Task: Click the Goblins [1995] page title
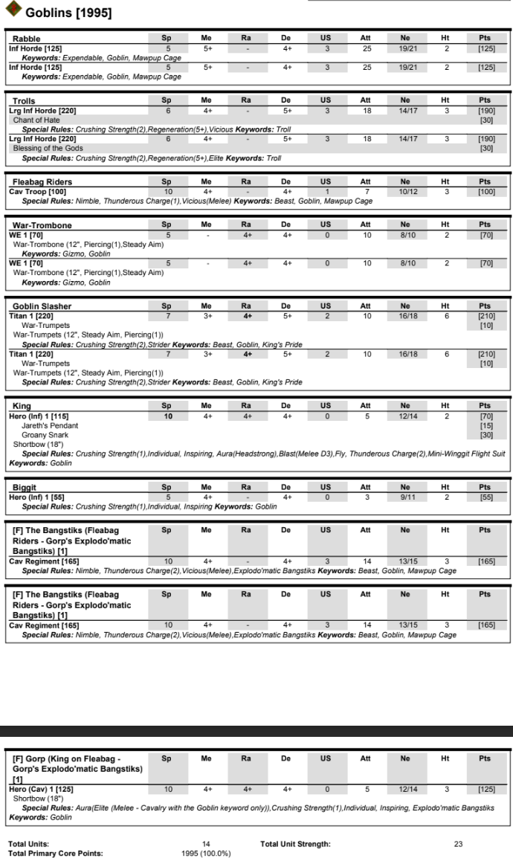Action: pyautogui.click(x=68, y=13)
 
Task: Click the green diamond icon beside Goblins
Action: pyautogui.click(x=13, y=11)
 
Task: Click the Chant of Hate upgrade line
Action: pyautogui.click(x=36, y=120)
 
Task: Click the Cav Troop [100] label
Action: pyautogui.click(x=36, y=192)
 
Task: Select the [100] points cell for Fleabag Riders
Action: pyautogui.click(x=484, y=192)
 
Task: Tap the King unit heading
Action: pyautogui.click(x=22, y=407)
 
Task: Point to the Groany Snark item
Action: pyautogui.click(x=46, y=435)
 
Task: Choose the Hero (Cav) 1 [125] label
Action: pyautogui.click(x=42, y=788)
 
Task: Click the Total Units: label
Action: pyautogui.click(x=29, y=844)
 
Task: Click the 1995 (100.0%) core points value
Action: pyautogui.click(x=206, y=853)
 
